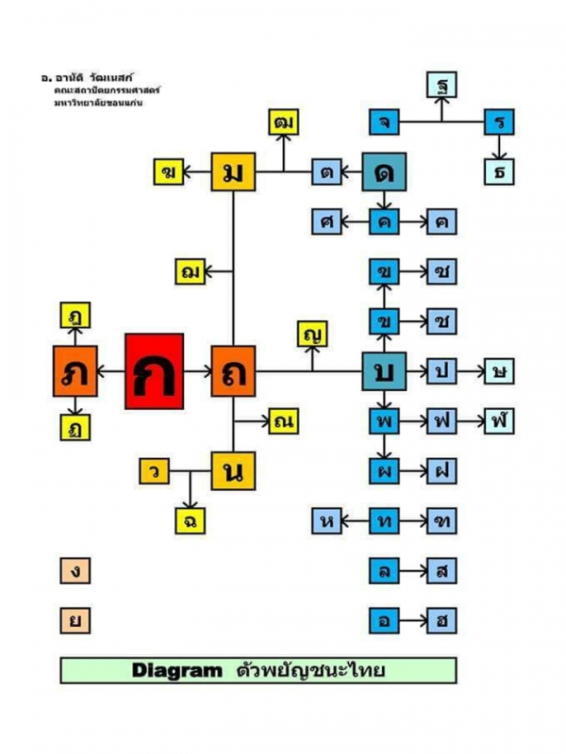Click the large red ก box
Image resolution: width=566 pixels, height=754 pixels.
[x=154, y=370]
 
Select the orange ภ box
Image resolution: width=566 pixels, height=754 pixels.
[x=75, y=370]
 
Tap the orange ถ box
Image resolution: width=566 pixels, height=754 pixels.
[x=233, y=370]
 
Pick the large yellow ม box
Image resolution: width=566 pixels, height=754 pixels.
[x=233, y=172]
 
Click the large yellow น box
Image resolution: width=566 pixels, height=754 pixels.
[x=233, y=470]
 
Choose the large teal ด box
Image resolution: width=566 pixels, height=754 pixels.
[x=384, y=172]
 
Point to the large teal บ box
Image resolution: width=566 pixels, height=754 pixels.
[x=384, y=370]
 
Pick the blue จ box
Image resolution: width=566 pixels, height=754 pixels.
[x=384, y=122]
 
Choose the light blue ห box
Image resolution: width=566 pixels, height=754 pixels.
[x=327, y=520]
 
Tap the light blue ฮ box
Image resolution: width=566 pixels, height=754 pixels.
[x=441, y=621]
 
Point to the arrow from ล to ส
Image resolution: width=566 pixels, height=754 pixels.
[x=412, y=571]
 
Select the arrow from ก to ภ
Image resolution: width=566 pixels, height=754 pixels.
[x=109, y=370]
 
